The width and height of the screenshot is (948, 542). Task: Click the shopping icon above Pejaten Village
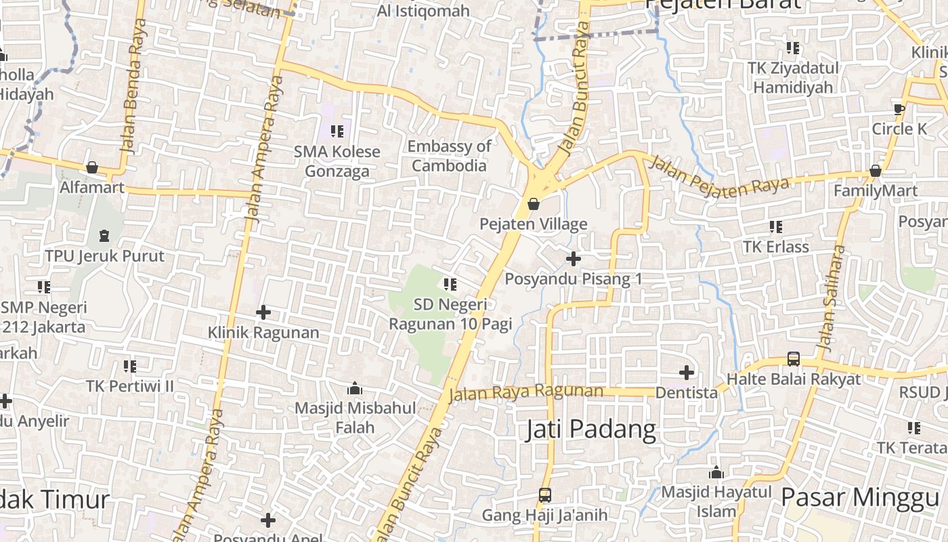coord(534,203)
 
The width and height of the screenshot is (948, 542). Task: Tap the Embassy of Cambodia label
coord(449,156)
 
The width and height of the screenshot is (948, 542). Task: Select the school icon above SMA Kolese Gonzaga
coord(337,131)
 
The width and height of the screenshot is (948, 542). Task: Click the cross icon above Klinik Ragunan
coord(263,312)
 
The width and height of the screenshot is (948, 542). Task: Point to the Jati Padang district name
coord(591,430)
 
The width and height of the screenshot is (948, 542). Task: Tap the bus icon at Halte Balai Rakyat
coord(794,358)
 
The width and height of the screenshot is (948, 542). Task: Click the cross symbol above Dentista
coord(687,372)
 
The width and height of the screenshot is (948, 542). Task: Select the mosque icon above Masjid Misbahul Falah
coord(354,388)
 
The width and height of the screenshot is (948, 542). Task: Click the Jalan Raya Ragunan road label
coord(525,392)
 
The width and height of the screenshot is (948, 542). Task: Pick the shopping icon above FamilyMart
coord(875,170)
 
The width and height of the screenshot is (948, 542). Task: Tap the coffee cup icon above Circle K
coord(899,108)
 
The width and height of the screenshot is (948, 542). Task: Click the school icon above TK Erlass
coord(775,226)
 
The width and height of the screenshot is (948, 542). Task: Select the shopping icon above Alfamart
coord(92,167)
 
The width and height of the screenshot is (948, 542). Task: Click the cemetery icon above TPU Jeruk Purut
coord(104,236)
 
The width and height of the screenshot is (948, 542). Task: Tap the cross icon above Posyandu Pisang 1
coord(573,258)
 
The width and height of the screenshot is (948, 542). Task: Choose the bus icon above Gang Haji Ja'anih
coord(544,495)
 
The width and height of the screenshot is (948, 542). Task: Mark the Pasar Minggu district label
coord(859,497)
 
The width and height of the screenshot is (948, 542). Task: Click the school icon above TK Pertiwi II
coord(129,366)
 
